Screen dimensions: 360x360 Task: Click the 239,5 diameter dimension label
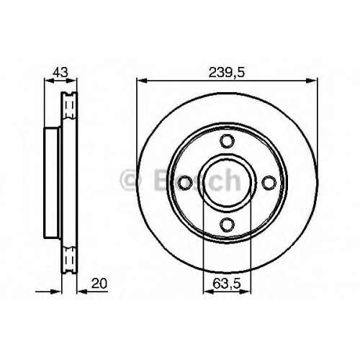coord(226,73)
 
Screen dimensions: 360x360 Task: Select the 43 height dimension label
coord(60,72)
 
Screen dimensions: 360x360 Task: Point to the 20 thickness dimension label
coord(99,284)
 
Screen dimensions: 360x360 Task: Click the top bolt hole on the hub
coord(227,141)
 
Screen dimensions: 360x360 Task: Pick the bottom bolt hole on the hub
coord(227,224)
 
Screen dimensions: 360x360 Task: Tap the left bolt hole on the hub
coord(186,183)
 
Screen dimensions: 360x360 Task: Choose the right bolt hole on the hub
coord(269,183)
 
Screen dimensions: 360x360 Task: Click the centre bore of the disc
coord(227,183)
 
